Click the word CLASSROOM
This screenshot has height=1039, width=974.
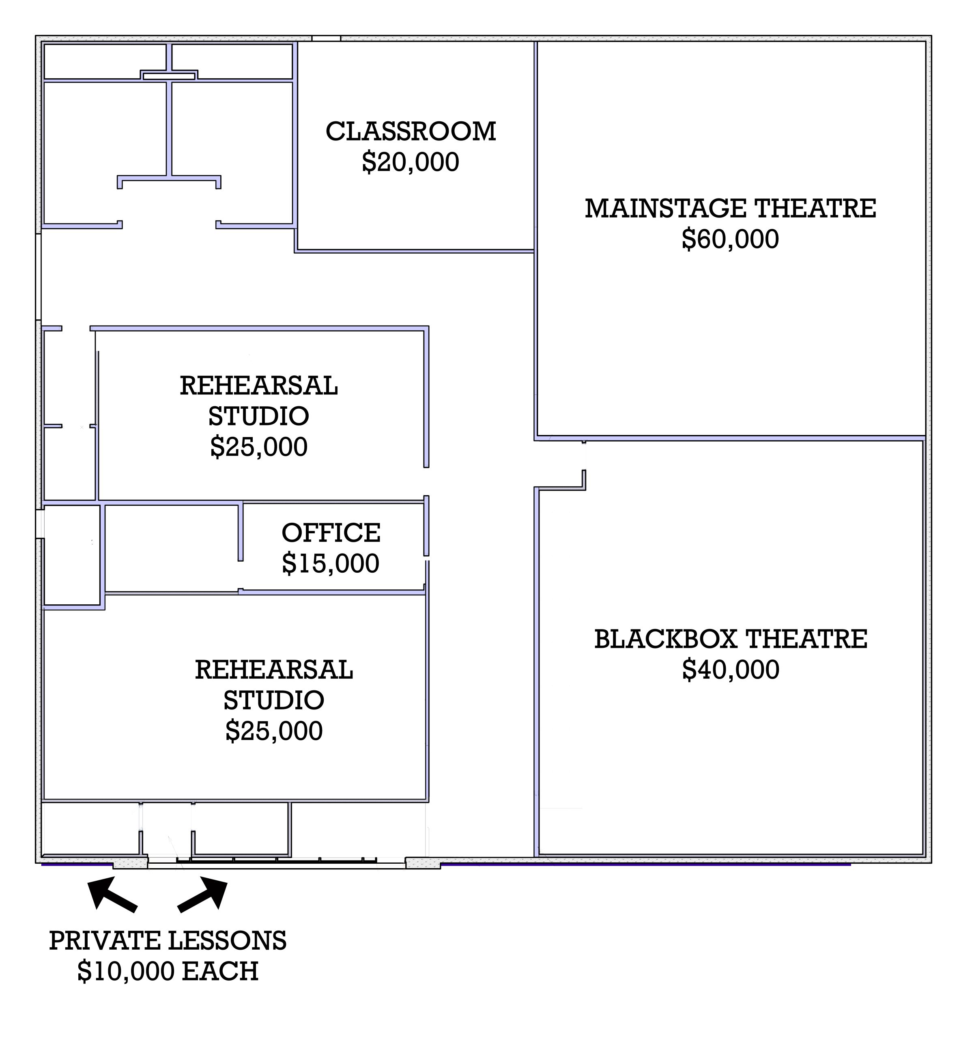[411, 131]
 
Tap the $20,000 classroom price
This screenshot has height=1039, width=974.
[411, 162]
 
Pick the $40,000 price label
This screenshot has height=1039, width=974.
[731, 670]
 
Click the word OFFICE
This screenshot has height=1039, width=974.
[331, 533]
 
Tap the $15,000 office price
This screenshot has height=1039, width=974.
[331, 563]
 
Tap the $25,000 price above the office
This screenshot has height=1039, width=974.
[258, 447]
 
